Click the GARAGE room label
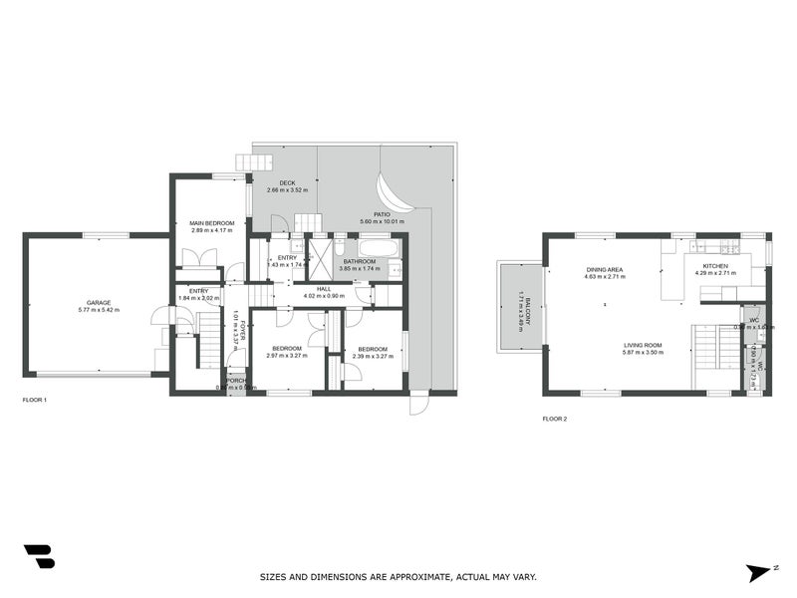[x=98, y=302]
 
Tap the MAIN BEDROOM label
[x=212, y=222]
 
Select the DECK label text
[x=287, y=182]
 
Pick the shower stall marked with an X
[x=321, y=258]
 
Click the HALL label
[x=324, y=288]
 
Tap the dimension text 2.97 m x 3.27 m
[x=288, y=355]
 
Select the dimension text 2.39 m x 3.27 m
[x=373, y=356]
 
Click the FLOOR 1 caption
[x=35, y=400]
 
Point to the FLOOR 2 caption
[x=555, y=419]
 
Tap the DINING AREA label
[x=605, y=269]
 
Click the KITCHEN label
[x=715, y=266]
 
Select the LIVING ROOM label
[x=643, y=345]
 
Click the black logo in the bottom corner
[x=39, y=557]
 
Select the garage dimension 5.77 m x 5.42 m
[x=98, y=310]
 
